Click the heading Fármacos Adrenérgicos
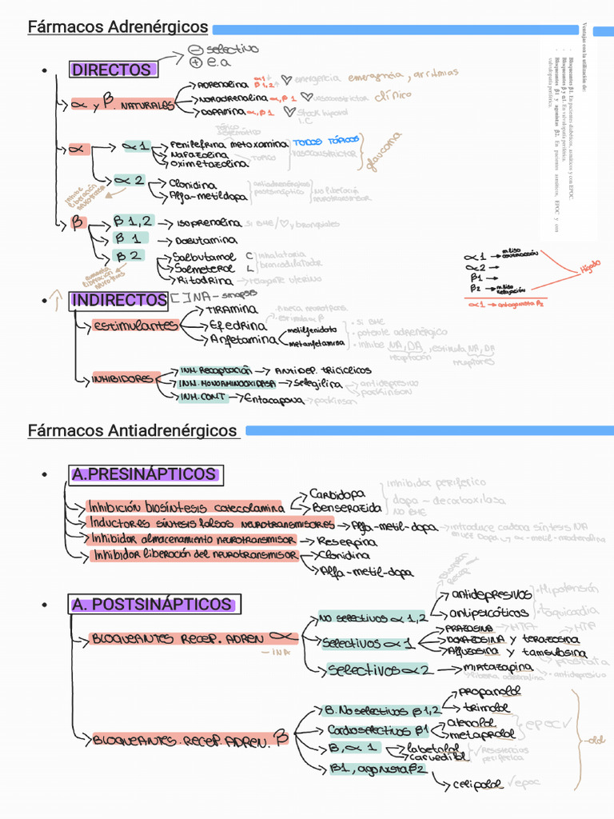tap(118, 27)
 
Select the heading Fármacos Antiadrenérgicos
tap(133, 431)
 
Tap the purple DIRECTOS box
tap(112, 70)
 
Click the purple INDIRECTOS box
tap(118, 300)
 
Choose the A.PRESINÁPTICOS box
tap(144, 475)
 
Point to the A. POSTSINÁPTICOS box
tap(151, 605)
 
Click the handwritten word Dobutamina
tap(207, 240)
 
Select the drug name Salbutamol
tap(204, 257)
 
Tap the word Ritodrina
tap(205, 280)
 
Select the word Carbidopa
tap(337, 493)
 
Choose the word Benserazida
tap(346, 507)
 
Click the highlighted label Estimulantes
tap(135, 326)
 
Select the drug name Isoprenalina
tap(204, 223)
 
